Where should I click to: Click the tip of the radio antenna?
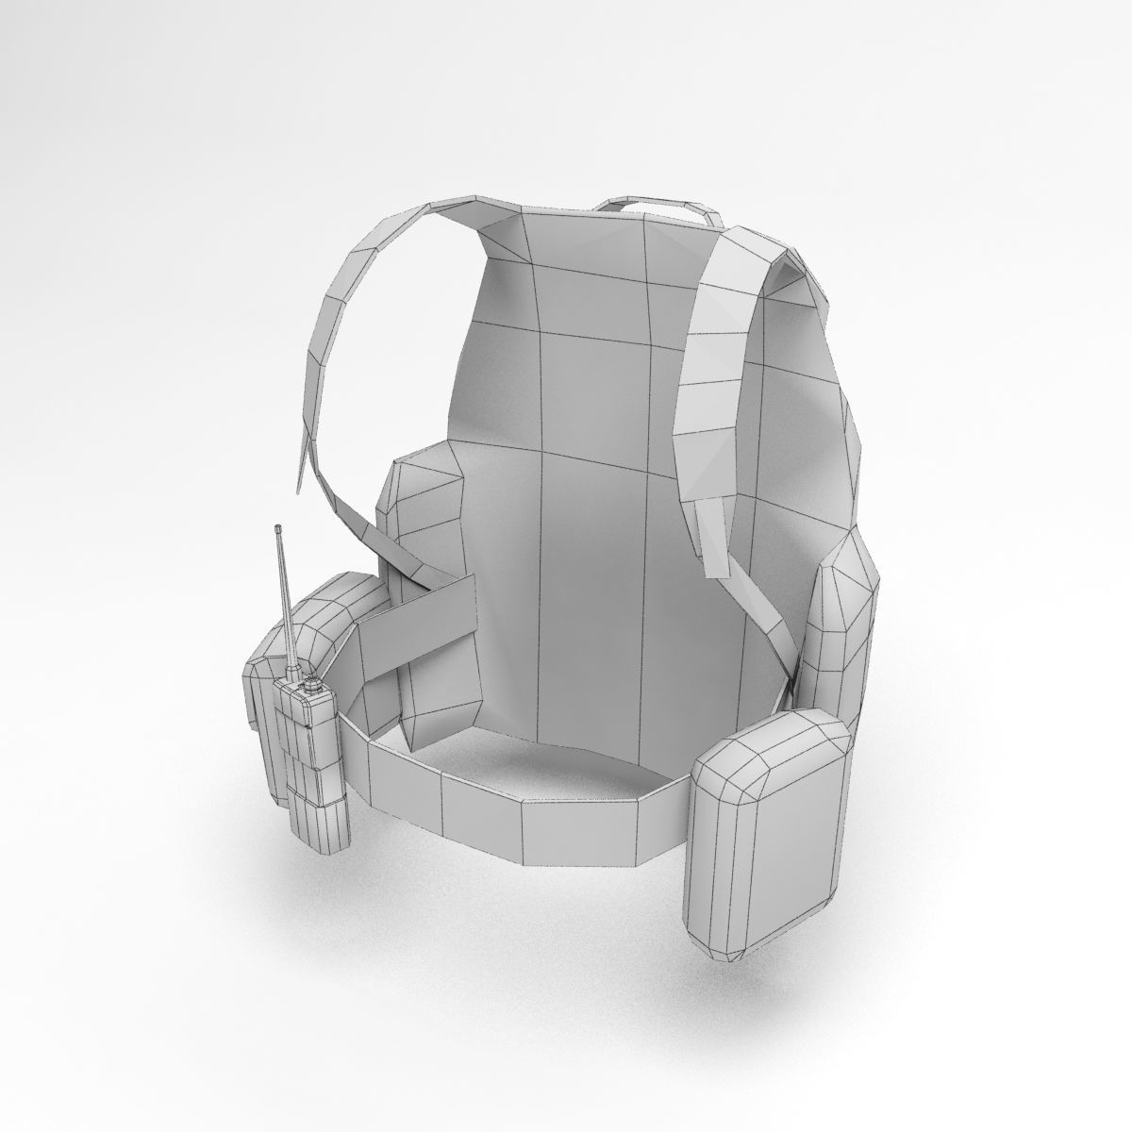(277, 526)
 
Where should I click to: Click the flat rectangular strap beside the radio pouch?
(415, 618)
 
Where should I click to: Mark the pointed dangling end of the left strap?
(298, 486)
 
